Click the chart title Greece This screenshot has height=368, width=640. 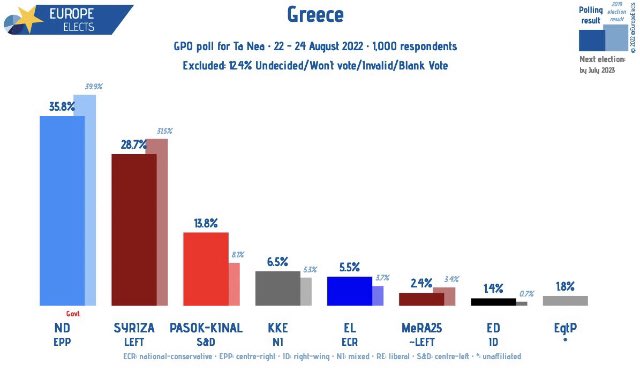coord(315,14)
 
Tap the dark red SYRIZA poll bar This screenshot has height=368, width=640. coord(133,229)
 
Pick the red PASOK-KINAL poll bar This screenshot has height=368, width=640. coord(205,268)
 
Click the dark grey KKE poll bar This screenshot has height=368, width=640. coord(277,288)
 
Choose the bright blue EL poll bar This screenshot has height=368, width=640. coord(349,291)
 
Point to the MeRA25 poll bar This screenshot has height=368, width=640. coord(421,299)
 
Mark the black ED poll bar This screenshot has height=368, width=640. coord(493,302)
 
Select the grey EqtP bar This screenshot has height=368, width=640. coord(565,301)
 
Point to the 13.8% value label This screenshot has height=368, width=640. coord(205,222)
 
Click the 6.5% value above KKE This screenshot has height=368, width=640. coord(277,261)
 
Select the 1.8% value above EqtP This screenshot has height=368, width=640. coord(565,286)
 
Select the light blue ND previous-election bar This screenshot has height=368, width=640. coord(91,201)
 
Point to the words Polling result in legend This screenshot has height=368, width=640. coord(590,15)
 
